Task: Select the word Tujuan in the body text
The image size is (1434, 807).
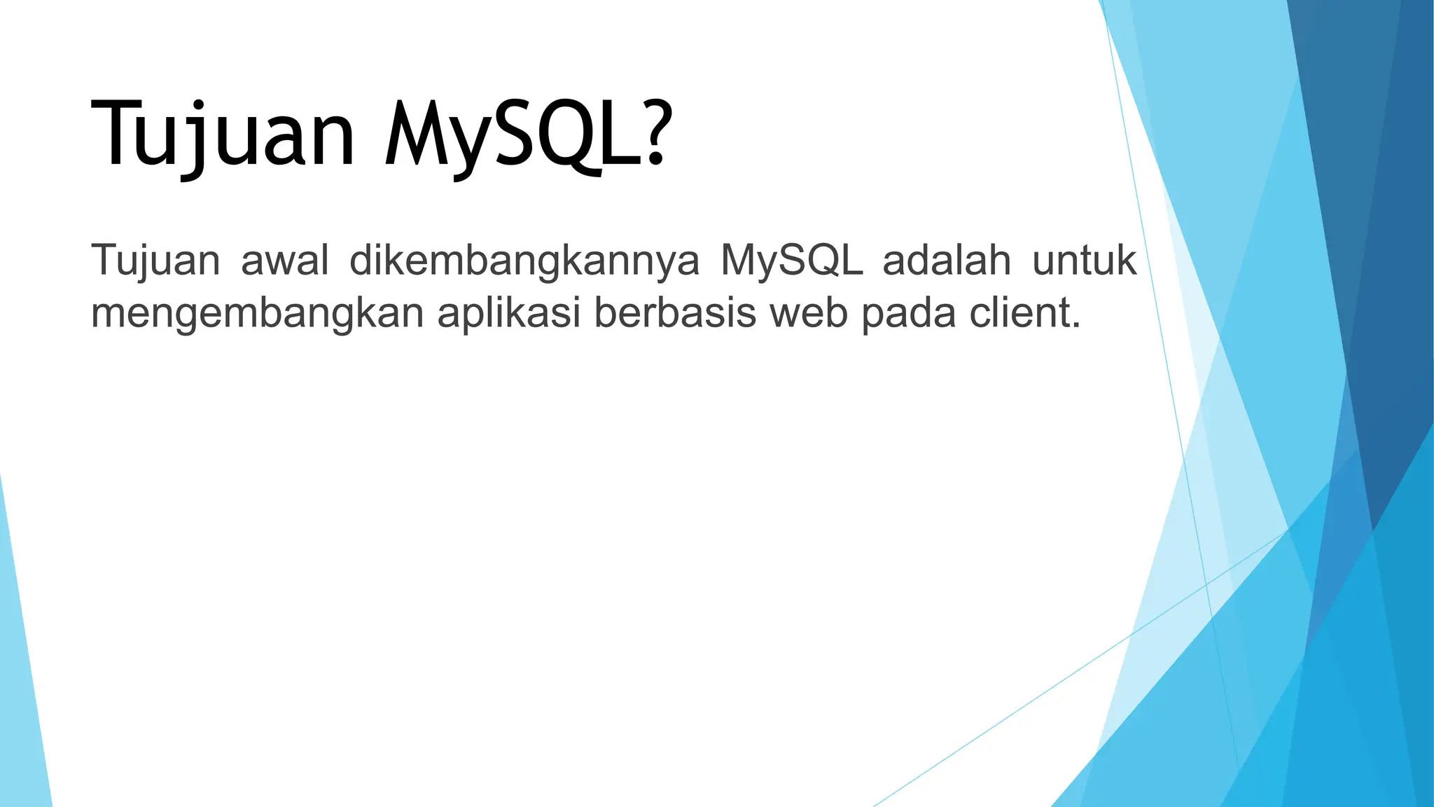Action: tap(155, 261)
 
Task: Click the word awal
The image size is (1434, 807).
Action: tap(284, 261)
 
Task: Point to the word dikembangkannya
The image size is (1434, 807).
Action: tap(524, 261)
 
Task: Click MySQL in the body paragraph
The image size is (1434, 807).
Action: tap(791, 261)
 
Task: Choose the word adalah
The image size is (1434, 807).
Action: tap(947, 261)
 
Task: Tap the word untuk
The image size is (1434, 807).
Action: tap(1084, 261)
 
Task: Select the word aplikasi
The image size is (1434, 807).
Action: tap(509, 313)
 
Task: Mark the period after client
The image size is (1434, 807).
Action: tap(1076, 326)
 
